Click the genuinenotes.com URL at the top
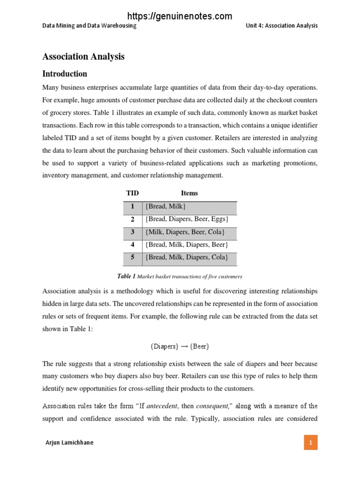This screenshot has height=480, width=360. pos(180,16)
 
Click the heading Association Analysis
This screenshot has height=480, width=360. pos(83,57)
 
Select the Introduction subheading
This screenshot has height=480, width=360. pos(65,74)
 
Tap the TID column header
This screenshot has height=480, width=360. pos(133,193)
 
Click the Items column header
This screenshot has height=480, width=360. pos(189,193)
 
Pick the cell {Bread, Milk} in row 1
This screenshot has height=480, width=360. pos(166,206)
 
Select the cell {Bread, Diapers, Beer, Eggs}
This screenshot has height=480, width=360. pos(187,219)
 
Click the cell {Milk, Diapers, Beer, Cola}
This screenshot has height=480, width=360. pos(185,232)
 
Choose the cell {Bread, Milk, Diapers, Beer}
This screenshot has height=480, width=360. pos(187,245)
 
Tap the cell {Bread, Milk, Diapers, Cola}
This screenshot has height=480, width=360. pos(187,257)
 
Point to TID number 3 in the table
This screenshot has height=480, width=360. pos(133,232)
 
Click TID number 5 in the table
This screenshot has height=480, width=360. pos(133,257)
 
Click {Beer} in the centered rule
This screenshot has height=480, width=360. pos(199,347)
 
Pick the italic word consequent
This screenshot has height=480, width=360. pos(211,406)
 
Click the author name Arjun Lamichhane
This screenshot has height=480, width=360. pos(69,442)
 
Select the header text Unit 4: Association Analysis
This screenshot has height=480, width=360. pos(281,26)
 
